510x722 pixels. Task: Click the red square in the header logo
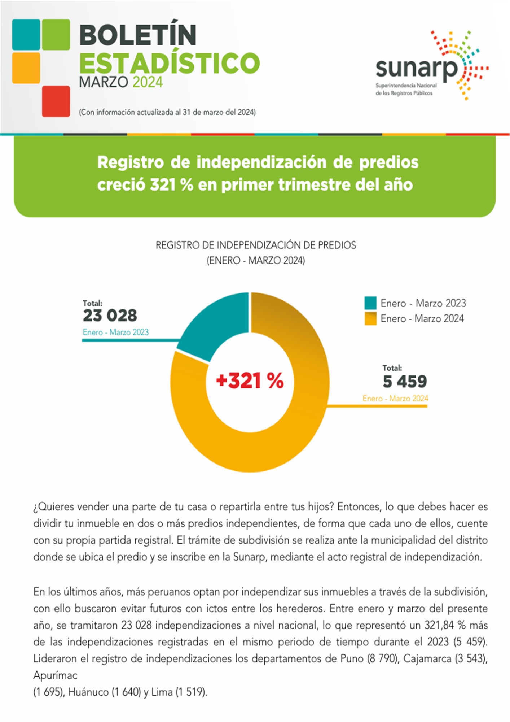pyautogui.click(x=56, y=101)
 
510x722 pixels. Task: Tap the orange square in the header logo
pyautogui.click(x=26, y=68)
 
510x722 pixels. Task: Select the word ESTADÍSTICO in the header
pyautogui.click(x=170, y=63)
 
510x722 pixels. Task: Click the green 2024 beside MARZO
pyautogui.click(x=148, y=82)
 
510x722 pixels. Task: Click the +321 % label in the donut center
pyautogui.click(x=250, y=380)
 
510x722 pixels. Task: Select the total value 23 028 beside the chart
pyautogui.click(x=110, y=316)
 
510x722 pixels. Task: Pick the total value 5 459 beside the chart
pyautogui.click(x=405, y=382)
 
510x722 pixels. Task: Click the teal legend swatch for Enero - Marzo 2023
pyautogui.click(x=370, y=303)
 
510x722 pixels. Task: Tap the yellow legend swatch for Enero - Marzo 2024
pyautogui.click(x=370, y=319)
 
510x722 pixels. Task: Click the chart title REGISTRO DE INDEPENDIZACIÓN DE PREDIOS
pyautogui.click(x=256, y=245)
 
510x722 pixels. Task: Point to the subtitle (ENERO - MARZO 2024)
pyautogui.click(x=256, y=260)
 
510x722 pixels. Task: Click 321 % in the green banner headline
pyautogui.click(x=171, y=185)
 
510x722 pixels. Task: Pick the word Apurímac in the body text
pyautogui.click(x=55, y=675)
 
